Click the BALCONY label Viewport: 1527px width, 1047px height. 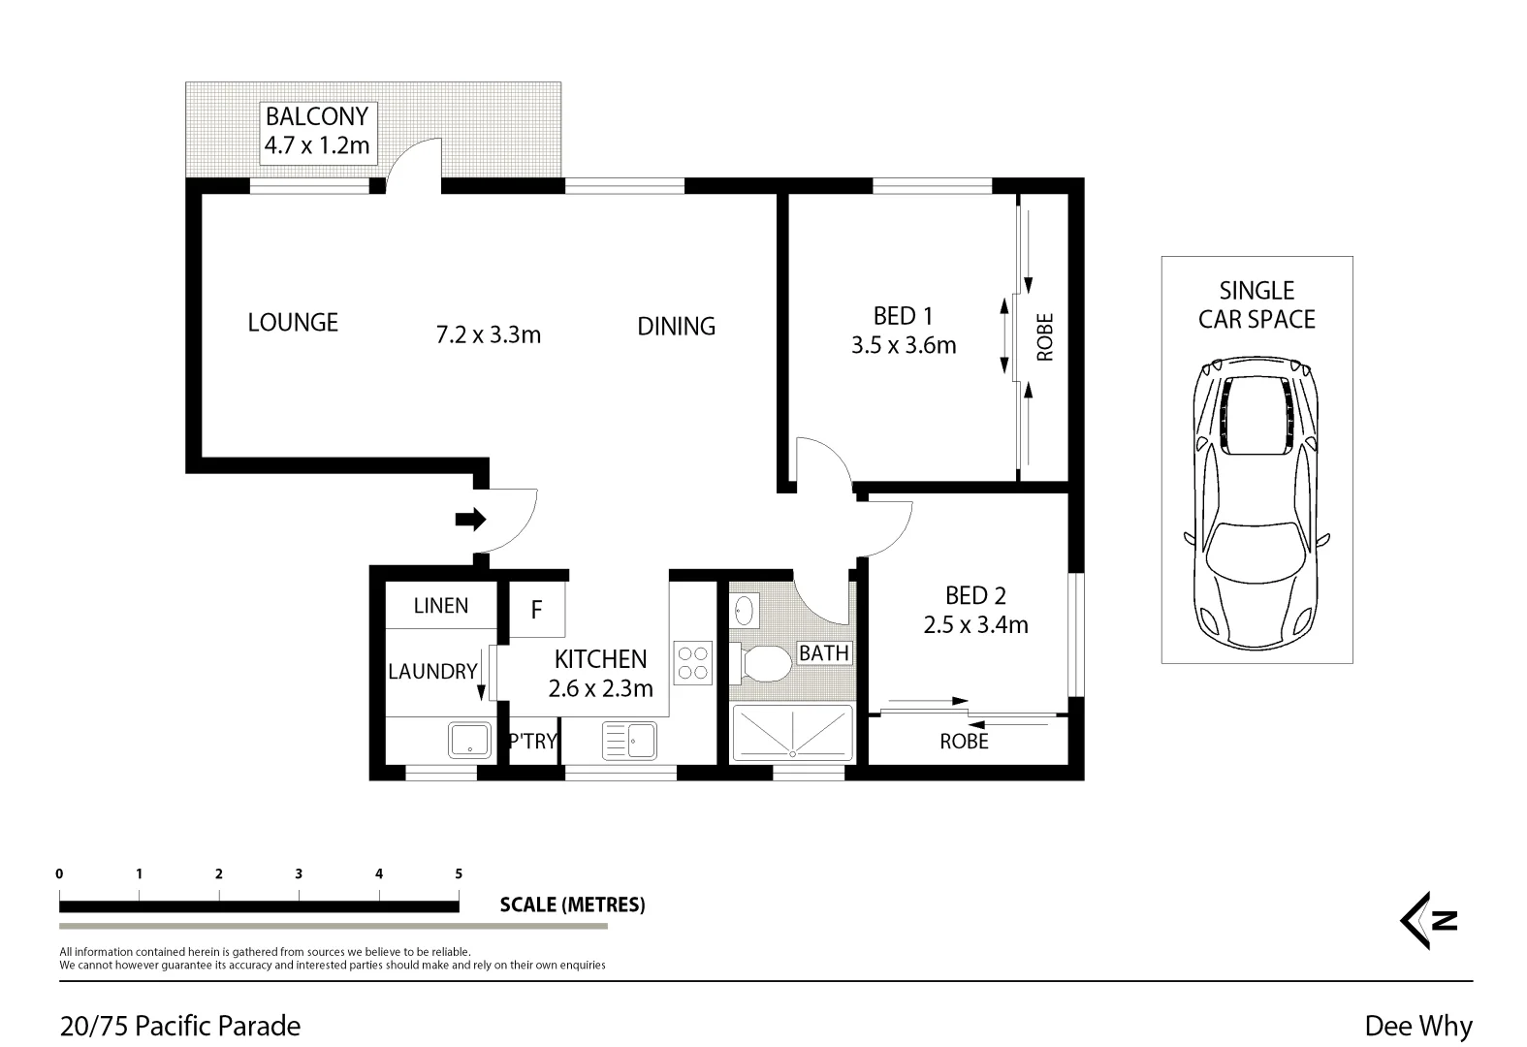[317, 117]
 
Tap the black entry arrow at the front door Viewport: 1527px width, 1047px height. [470, 521]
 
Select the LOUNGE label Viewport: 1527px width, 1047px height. [293, 323]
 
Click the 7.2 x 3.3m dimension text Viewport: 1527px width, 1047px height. [488, 335]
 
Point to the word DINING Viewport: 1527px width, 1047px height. [676, 327]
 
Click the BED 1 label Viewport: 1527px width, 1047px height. [903, 316]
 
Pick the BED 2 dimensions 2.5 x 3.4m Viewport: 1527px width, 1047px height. [975, 625]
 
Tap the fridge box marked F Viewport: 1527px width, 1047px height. [536, 611]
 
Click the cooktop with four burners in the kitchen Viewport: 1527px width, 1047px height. [693, 662]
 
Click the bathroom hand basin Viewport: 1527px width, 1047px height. [744, 611]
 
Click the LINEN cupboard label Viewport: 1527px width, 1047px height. [441, 606]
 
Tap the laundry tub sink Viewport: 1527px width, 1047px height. [470, 740]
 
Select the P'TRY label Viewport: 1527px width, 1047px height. [532, 742]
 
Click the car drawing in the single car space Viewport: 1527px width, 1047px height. [1257, 504]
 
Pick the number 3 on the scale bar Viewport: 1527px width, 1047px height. [299, 873]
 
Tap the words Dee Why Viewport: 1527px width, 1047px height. [1417, 1026]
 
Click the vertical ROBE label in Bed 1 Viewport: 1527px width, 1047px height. [1045, 336]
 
